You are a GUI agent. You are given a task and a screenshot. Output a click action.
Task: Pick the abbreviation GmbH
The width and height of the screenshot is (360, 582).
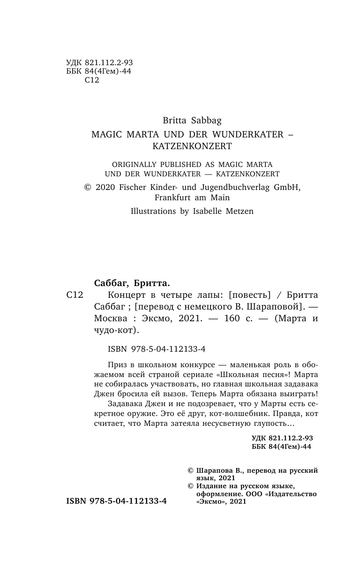(x=287, y=187)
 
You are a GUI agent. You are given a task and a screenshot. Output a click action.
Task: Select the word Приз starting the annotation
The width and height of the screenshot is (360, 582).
(x=116, y=364)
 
